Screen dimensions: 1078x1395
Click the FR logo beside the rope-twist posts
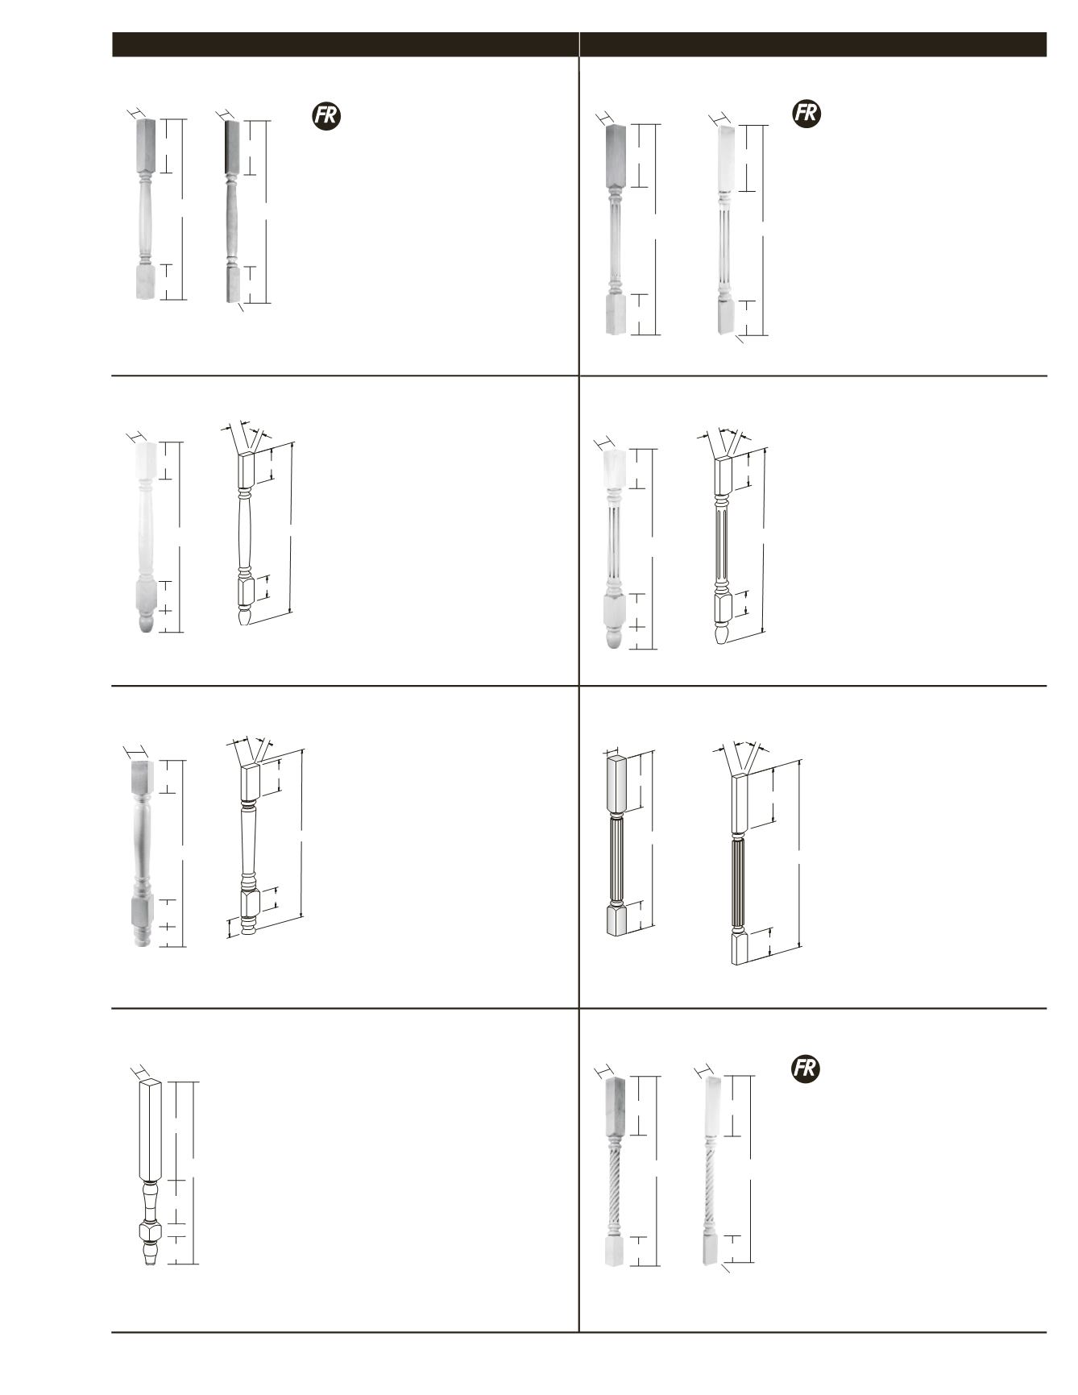pos(805,1069)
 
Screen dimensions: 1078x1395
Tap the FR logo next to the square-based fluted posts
pos(806,114)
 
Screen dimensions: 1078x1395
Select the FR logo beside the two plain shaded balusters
pos(326,116)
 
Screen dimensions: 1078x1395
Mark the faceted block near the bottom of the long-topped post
pos(151,1232)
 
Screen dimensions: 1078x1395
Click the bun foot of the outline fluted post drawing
pos(723,633)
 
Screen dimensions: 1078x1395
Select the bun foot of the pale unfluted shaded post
pos(146,622)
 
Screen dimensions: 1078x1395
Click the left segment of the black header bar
pos(345,44)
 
